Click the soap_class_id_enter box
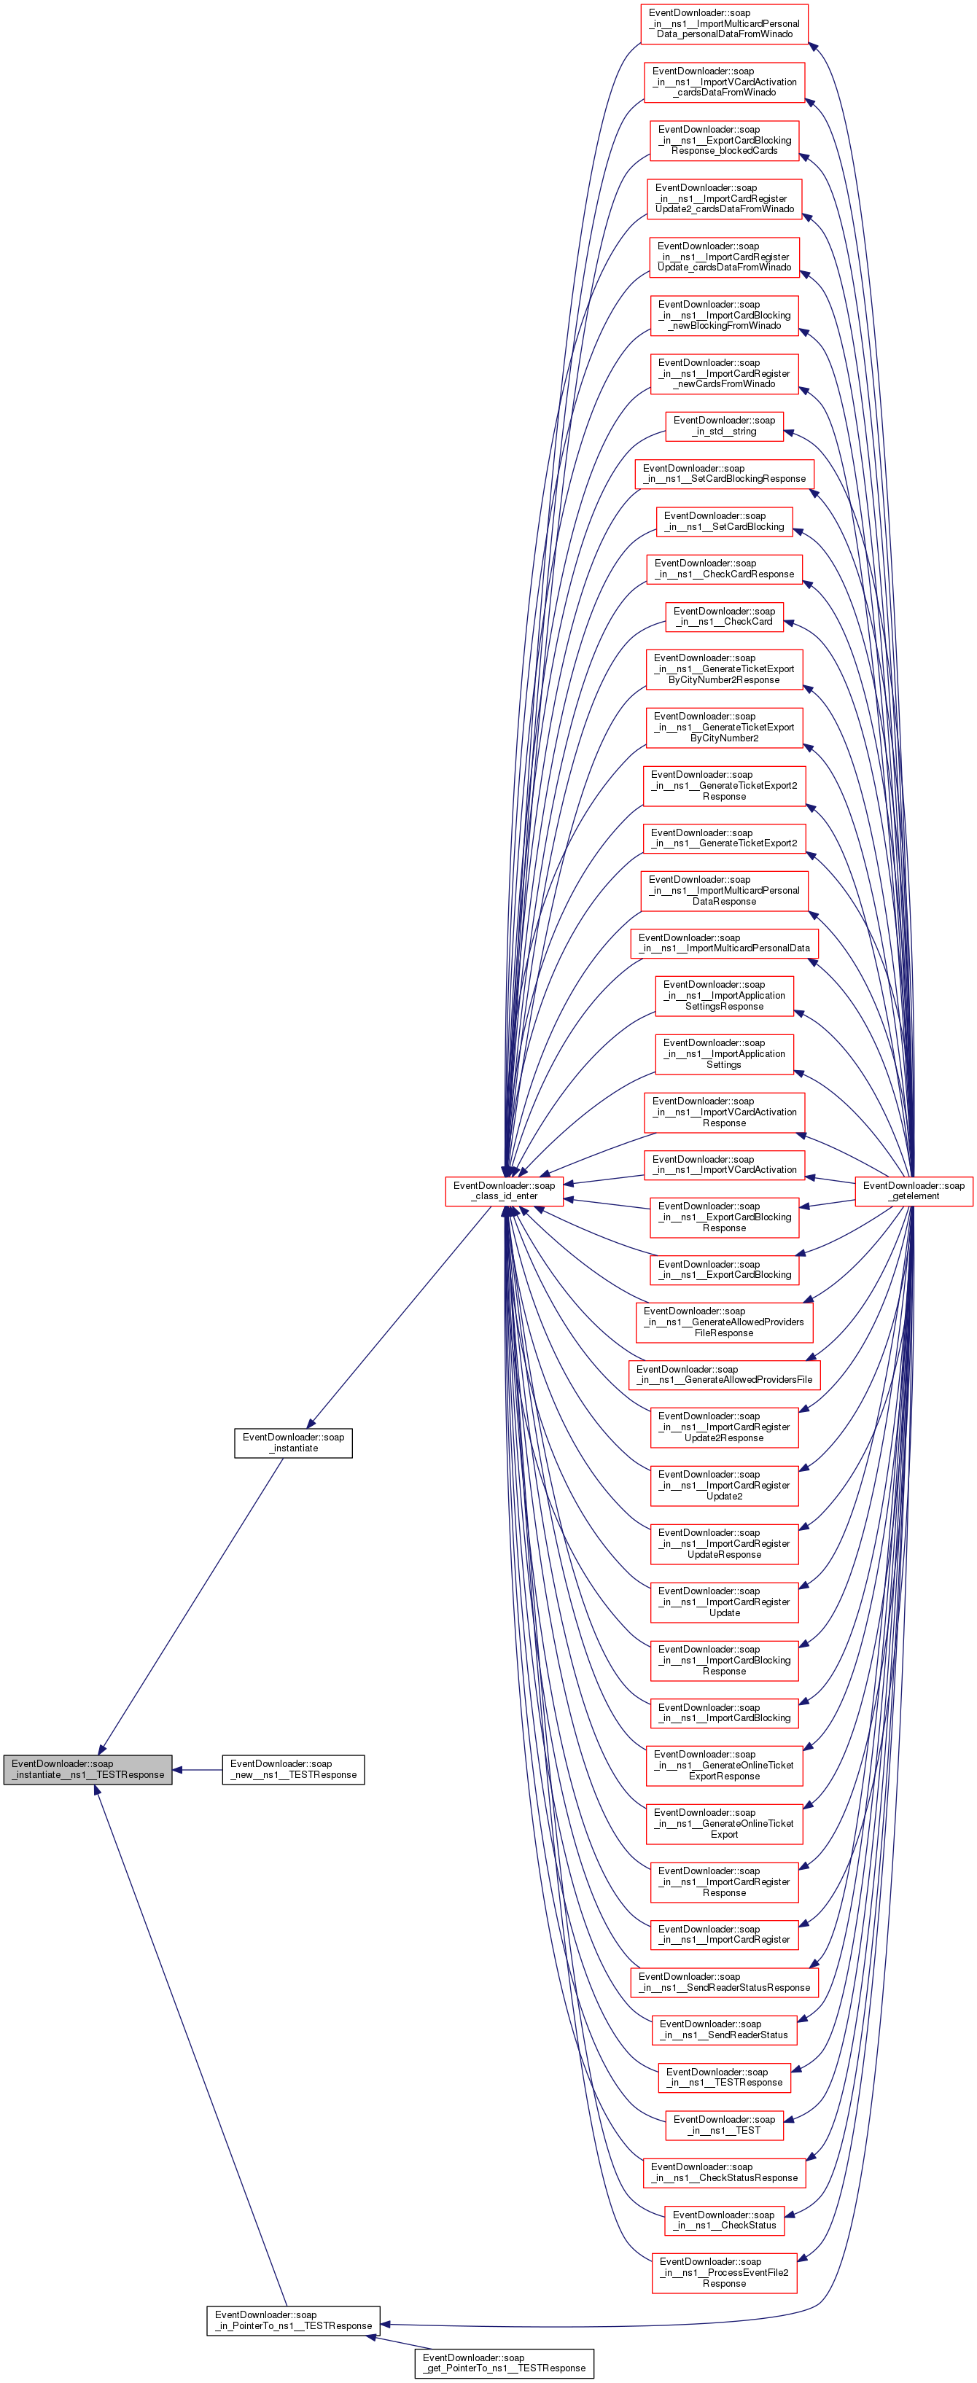coord(505,1190)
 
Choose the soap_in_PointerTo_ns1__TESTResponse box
coord(293,2320)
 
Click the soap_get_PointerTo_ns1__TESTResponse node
coord(505,2363)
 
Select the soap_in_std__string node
coord(725,426)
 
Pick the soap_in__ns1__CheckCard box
coord(725,616)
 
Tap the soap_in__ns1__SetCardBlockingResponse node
coord(725,474)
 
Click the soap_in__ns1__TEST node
coord(725,2125)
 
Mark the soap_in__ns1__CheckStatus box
coord(725,2220)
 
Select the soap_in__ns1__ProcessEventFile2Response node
coord(725,2273)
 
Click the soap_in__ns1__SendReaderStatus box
coord(725,2029)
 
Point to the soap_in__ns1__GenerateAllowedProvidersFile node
coord(725,1373)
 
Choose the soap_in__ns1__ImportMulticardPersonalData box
coord(725,943)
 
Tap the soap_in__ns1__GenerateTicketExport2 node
coord(725,838)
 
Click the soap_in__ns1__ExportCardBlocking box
coord(725,1269)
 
